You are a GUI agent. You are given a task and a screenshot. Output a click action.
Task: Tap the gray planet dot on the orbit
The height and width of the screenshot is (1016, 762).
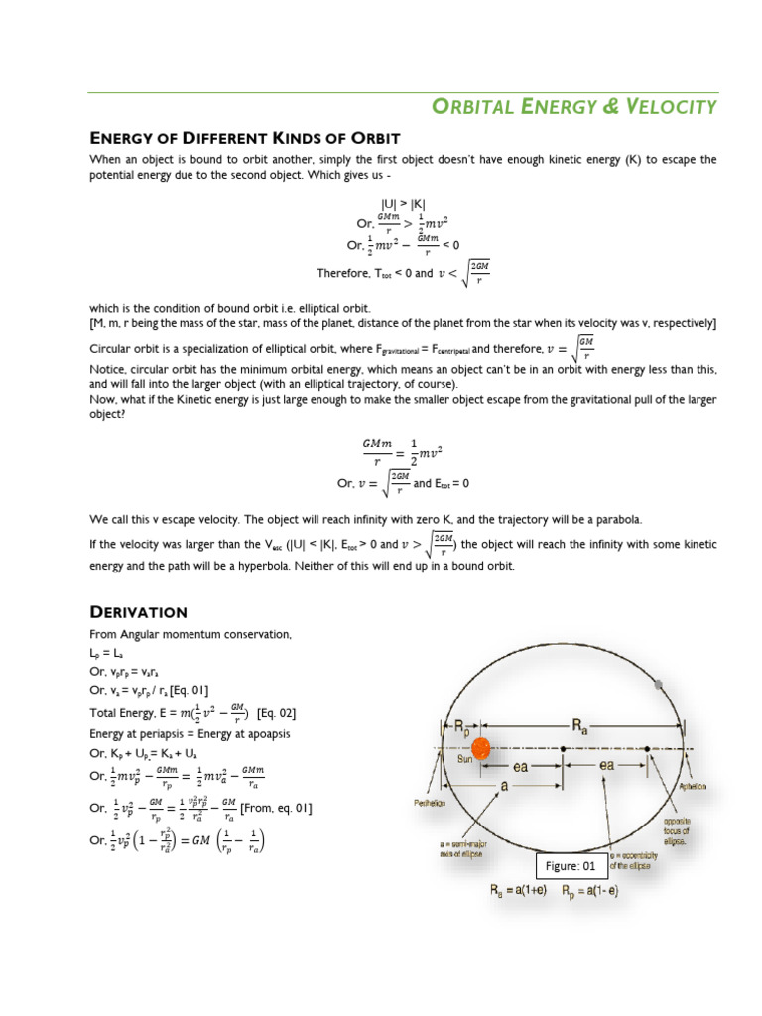tap(661, 684)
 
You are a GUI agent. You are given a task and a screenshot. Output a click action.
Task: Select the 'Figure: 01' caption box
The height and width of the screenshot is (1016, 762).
tap(574, 866)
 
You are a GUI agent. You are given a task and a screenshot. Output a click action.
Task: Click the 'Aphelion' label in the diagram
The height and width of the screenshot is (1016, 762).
tap(692, 786)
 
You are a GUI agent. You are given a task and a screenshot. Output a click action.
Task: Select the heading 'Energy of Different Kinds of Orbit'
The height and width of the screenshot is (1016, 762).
tap(244, 137)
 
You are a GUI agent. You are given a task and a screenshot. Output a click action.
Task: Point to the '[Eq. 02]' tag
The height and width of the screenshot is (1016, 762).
tap(276, 713)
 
